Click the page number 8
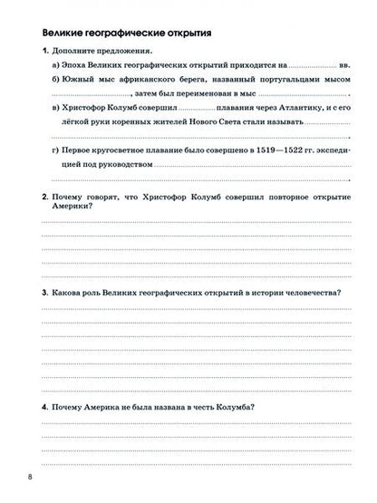(31, 477)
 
